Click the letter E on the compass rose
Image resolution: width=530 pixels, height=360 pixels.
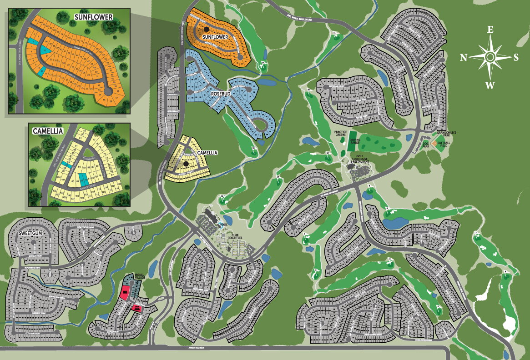(490, 30)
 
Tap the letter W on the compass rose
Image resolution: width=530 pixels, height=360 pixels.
(490, 85)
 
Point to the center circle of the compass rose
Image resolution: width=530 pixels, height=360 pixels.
(490, 57)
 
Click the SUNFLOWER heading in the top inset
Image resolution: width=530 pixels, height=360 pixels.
(93, 17)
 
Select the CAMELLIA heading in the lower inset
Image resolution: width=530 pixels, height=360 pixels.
(47, 131)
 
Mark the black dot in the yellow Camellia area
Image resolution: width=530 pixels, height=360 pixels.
(186, 163)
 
